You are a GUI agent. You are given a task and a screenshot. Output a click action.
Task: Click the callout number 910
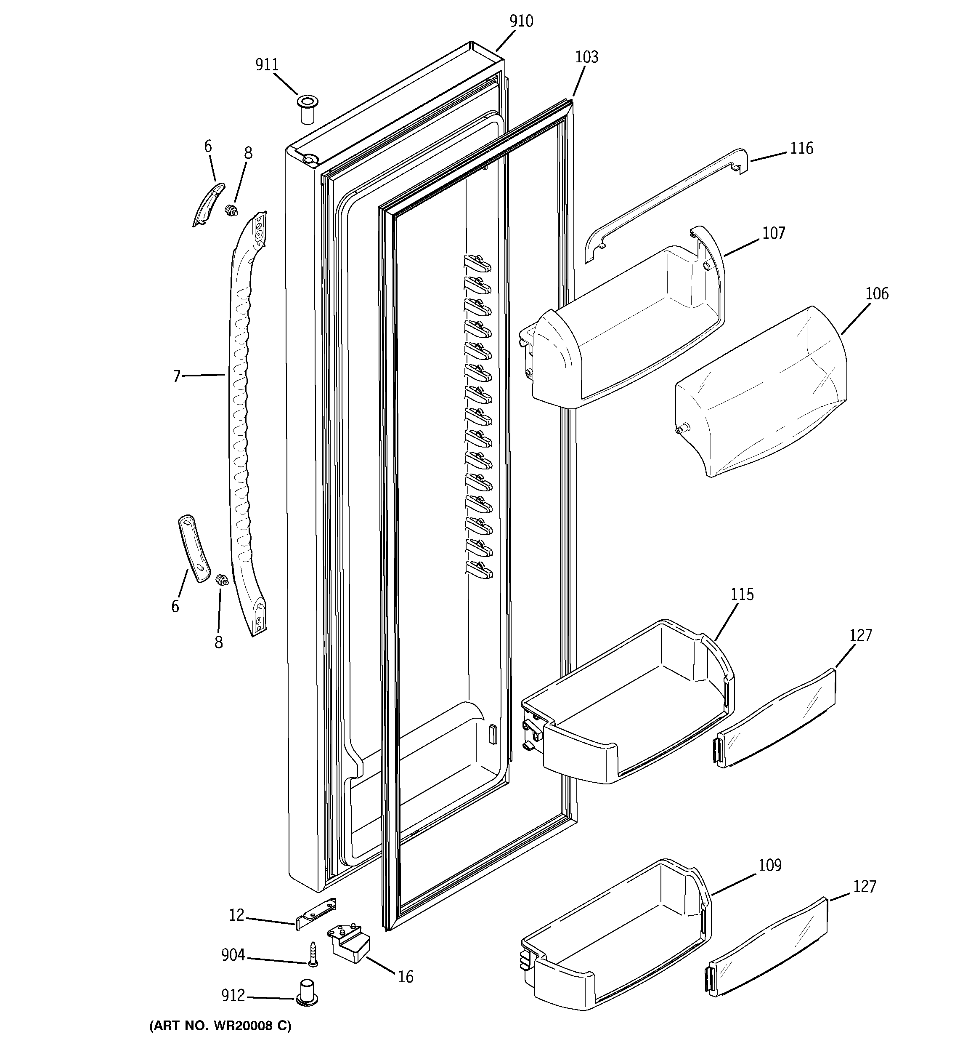pos(521,21)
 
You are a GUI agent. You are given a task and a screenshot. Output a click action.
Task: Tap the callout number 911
pos(267,65)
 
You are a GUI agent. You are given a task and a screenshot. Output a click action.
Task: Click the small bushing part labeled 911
pos(308,109)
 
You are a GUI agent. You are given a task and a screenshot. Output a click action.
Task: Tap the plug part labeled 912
pos(307,992)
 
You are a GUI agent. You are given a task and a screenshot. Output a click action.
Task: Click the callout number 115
pos(742,594)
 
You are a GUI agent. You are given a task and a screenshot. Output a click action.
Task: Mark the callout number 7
pos(177,376)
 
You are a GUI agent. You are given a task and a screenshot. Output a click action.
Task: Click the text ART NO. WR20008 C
pos(220,1025)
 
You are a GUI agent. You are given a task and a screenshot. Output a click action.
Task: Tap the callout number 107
pos(773,233)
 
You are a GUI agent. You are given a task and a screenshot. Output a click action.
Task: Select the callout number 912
pos(233,995)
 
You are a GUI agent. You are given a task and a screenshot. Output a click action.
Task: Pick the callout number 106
pos(876,293)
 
